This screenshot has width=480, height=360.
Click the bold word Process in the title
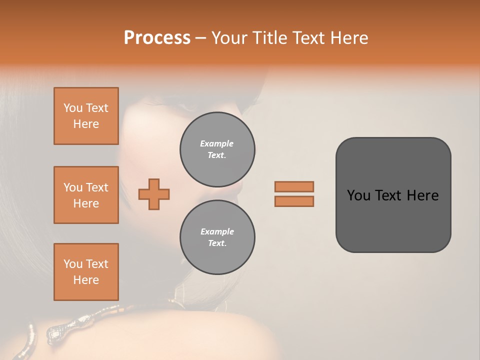[x=157, y=38]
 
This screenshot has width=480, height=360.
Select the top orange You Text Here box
[x=86, y=116]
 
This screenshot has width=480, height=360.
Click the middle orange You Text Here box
[x=86, y=195]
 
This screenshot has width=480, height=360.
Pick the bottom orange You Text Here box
[x=86, y=272]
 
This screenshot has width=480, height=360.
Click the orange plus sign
[x=154, y=194]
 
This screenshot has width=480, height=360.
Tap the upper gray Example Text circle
[x=217, y=149]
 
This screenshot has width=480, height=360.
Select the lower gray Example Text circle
[x=217, y=237]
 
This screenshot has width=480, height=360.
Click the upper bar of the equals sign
[x=294, y=186]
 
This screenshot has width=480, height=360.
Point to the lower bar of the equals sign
[x=294, y=201]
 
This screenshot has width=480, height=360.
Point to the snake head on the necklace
[x=56, y=331]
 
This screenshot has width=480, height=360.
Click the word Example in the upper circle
[x=216, y=144]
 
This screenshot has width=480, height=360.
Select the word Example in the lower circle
[x=217, y=232]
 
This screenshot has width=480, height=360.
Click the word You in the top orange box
[x=73, y=108]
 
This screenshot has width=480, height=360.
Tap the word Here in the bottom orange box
[x=86, y=280]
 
